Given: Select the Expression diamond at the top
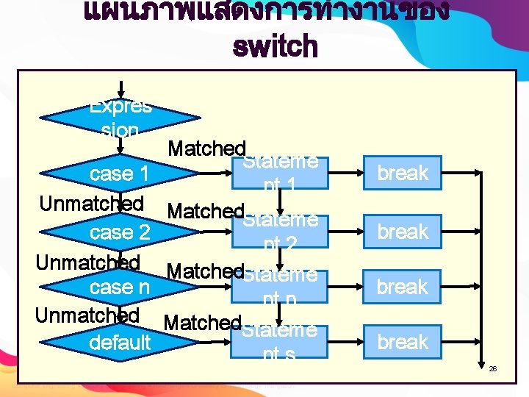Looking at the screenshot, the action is pos(120,118).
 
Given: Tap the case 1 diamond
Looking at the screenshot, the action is pos(120,174).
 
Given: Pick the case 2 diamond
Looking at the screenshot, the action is pos(120,232).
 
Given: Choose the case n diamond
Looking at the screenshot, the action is pos(120,287).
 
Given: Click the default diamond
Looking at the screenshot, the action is pos(120,342).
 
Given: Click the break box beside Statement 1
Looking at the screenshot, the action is pos(402,173).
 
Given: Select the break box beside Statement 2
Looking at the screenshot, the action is pos(402,232).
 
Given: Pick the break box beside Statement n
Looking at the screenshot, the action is pos(402,287).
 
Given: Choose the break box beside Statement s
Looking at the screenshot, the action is pos(402,342).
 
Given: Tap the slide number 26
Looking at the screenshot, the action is pos(494,368).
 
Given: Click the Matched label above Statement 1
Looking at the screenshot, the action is pos(206,149).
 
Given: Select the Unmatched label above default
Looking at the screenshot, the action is pos(87,315).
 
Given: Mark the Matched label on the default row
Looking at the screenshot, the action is pos(203,322).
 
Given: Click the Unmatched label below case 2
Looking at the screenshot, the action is pos(88,262).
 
